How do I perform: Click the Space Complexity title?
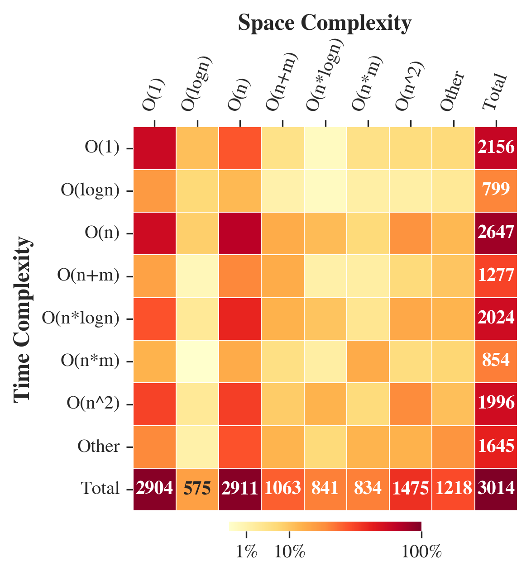click(x=325, y=23)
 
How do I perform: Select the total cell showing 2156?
click(x=496, y=147)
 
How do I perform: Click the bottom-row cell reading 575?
click(x=197, y=489)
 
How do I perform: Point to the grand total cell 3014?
click(x=496, y=489)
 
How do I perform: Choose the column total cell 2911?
click(x=240, y=489)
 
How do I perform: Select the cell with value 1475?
click(x=411, y=489)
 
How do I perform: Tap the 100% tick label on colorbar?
click(x=421, y=552)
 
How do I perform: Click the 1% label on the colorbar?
click(x=247, y=552)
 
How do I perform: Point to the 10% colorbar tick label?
click(x=289, y=552)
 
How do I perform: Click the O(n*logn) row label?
click(x=81, y=318)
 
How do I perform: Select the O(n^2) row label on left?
click(x=93, y=404)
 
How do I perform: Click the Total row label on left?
click(x=100, y=489)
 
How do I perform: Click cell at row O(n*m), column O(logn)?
click(x=197, y=361)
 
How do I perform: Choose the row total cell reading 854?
click(x=496, y=361)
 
